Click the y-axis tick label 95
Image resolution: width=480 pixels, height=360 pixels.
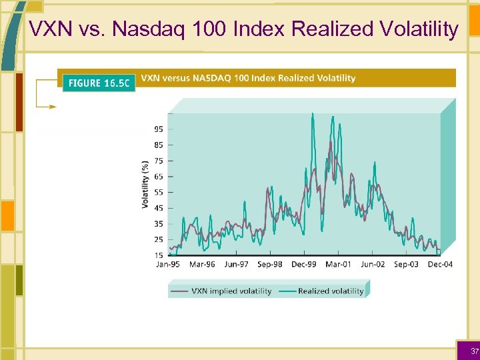[159, 129]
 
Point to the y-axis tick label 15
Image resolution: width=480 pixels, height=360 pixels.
[159, 255]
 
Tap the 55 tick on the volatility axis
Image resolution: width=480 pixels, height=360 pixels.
[159, 193]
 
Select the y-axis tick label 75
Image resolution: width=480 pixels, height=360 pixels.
[159, 161]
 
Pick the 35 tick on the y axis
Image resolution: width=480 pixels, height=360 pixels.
[159, 224]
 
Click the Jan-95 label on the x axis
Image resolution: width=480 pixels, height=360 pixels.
[168, 265]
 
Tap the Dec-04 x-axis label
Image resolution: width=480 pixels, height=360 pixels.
[440, 265]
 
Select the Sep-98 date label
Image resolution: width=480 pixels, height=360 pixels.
[269, 265]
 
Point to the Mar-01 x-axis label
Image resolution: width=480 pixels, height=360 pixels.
[338, 265]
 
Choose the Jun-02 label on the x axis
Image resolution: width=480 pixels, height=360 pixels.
[373, 265]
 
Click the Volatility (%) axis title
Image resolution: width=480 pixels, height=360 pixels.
[145, 184]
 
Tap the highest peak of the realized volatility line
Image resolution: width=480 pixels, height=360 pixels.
[313, 114]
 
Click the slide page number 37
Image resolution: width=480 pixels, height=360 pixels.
[474, 351]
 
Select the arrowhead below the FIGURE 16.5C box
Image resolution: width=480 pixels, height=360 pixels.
[53, 106]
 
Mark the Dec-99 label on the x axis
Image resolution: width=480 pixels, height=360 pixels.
[304, 265]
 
